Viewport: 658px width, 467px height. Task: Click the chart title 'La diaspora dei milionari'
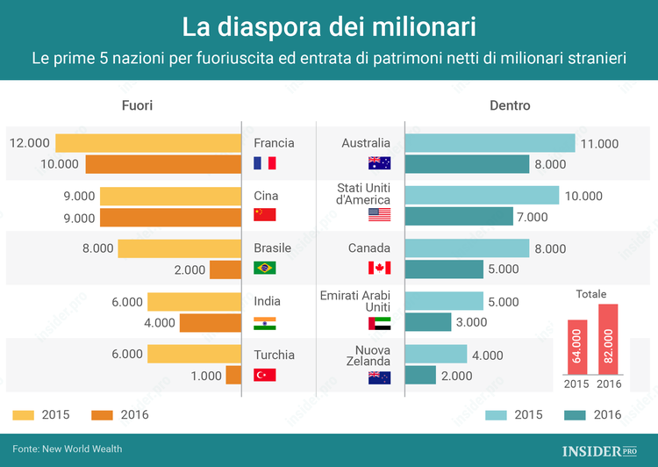tap(329, 26)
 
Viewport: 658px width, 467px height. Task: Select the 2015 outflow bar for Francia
tap(148, 143)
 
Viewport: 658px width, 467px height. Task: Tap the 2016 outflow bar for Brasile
tap(225, 270)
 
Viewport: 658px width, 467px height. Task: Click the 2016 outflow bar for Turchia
tap(233, 376)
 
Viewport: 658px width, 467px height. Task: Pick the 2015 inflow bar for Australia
tap(490, 143)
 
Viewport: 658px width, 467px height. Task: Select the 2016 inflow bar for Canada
tap(444, 269)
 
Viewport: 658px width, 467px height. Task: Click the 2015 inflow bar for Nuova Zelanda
tap(436, 355)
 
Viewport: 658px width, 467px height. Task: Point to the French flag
tap(264, 163)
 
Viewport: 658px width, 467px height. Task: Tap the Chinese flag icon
tap(264, 215)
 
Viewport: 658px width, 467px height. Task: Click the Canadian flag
tap(379, 268)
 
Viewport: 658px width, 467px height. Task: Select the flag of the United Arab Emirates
tap(379, 323)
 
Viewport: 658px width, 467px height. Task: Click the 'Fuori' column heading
tap(137, 106)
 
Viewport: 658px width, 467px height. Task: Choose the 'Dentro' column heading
tap(510, 106)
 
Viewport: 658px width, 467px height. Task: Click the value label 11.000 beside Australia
tap(600, 144)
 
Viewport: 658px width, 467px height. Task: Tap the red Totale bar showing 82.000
tap(608, 338)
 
